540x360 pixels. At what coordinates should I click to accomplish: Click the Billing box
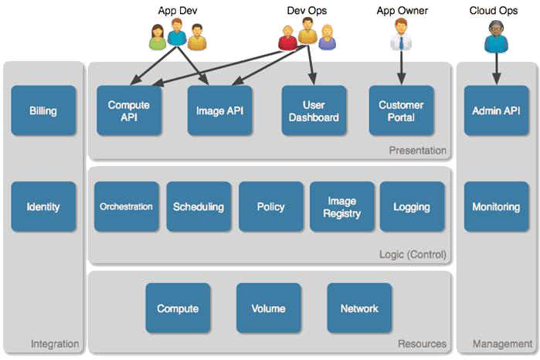pos(43,110)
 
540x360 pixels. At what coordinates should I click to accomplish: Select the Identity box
pos(43,206)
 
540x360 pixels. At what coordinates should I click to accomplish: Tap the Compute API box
pos(128,110)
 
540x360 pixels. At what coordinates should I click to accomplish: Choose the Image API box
pos(219,110)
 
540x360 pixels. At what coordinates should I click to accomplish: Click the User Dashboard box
pos(314,110)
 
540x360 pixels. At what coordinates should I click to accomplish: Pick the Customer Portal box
pos(401,110)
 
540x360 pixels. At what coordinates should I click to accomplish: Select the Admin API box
pos(496,110)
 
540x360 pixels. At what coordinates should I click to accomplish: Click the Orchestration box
pos(127,206)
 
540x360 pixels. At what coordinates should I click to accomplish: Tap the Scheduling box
pos(199,206)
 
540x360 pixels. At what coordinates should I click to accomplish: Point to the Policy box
pos(270,206)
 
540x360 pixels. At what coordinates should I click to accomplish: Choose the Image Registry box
pos(342,206)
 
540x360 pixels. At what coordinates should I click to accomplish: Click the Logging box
pos(411,206)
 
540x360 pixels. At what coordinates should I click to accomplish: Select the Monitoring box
pos(496,206)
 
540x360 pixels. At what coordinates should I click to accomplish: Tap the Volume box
pos(268,308)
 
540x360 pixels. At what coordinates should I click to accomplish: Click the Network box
pos(359,308)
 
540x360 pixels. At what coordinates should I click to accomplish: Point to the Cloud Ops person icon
pos(495,36)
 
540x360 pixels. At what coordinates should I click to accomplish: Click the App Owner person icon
pos(401,36)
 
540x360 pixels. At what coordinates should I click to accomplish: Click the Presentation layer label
pos(417,151)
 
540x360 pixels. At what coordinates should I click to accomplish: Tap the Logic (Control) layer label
pos(413,254)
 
